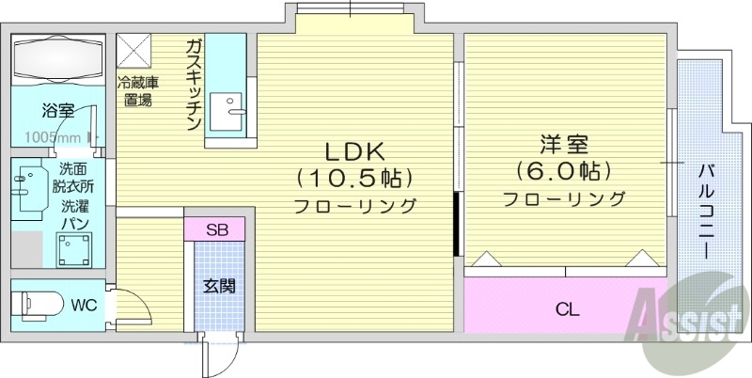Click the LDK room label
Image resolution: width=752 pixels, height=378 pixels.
tap(354, 151)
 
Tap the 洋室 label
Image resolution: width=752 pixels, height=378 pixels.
tap(563, 146)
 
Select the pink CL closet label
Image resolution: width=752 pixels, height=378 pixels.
tap(567, 308)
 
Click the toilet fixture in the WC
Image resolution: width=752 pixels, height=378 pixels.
tap(32, 305)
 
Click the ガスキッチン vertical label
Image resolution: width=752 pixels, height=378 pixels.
tap(193, 86)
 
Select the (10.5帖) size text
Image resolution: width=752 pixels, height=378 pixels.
tap(355, 177)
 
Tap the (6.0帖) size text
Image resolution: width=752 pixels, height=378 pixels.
tap(563, 172)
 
